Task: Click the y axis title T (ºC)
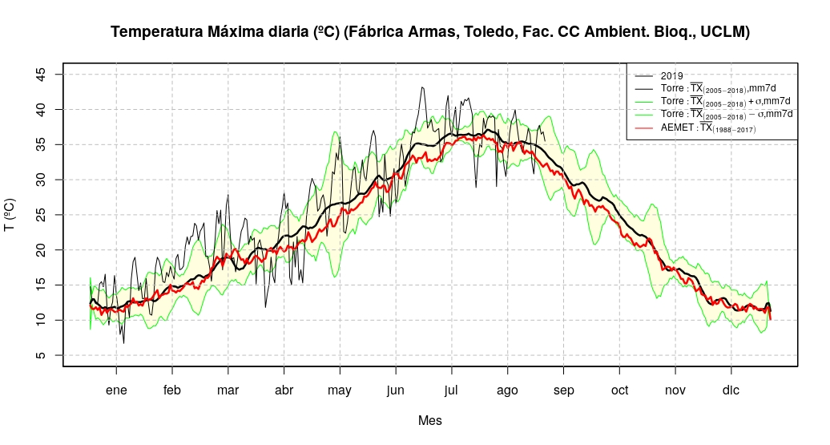[10, 215]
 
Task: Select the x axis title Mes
[429, 420]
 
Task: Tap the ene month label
[116, 390]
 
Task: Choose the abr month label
[284, 390]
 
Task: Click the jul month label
[452, 390]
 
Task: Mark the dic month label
[731, 390]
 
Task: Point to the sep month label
[563, 390]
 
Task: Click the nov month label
[675, 390]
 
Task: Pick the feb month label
[172, 390]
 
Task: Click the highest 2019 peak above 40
[422, 87]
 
